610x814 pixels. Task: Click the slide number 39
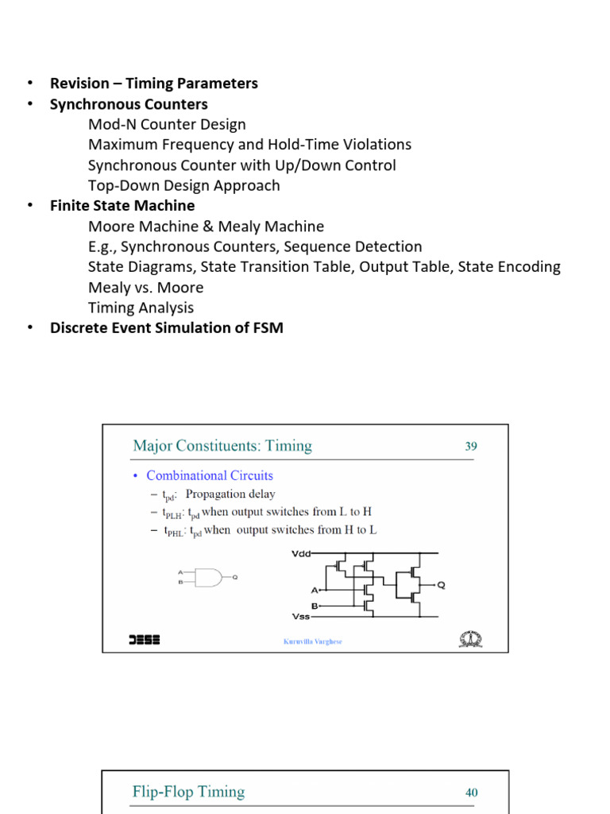click(x=471, y=447)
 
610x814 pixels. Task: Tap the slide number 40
click(x=472, y=793)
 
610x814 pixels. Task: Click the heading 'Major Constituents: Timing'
click(x=222, y=446)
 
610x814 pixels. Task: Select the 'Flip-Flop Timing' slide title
click(x=188, y=792)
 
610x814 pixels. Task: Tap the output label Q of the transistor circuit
click(x=442, y=585)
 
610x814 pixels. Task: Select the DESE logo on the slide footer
click(x=144, y=639)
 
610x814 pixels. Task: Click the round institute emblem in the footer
click(x=470, y=639)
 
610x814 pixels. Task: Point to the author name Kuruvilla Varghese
click(x=313, y=642)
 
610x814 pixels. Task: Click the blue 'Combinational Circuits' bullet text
click(x=210, y=475)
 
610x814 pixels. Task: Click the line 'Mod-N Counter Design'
click(x=167, y=124)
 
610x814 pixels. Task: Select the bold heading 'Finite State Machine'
click(x=122, y=206)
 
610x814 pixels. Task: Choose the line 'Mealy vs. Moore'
click(x=145, y=287)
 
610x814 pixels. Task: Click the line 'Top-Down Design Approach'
click(x=183, y=185)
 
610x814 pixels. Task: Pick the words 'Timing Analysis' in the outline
click(x=141, y=308)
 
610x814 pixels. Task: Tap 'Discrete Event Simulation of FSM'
click(x=166, y=328)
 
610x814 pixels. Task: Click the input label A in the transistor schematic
click(x=315, y=590)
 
